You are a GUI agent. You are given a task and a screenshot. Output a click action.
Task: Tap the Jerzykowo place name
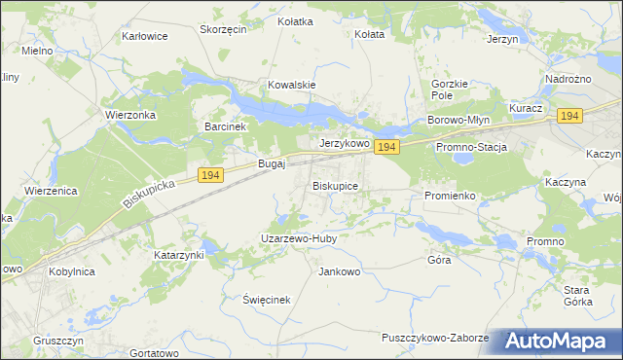pyautogui.click(x=345, y=143)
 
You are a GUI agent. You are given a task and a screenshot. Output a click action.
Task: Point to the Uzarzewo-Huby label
pyautogui.click(x=298, y=237)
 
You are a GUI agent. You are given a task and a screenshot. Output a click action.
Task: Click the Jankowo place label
pyautogui.click(x=339, y=271)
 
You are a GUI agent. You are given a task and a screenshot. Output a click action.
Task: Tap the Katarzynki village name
pyautogui.click(x=179, y=255)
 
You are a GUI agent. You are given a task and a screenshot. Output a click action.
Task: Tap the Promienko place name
pyautogui.click(x=449, y=196)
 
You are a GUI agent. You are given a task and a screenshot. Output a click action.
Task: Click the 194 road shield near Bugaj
pyautogui.click(x=211, y=174)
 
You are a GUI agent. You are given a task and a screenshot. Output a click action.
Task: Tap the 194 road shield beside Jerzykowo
pyautogui.click(x=386, y=147)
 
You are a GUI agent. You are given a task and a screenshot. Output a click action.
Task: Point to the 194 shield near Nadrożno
pyautogui.click(x=569, y=116)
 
